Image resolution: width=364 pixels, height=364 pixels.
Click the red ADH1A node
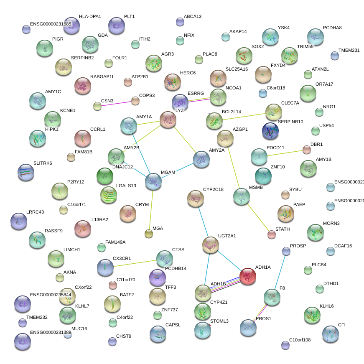point(248,276)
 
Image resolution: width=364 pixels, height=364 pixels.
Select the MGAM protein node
point(153,181)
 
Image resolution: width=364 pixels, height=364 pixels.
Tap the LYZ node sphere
point(168,120)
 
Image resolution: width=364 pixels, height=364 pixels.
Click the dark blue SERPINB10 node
point(270,131)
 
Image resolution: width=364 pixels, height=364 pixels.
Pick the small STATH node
point(272,234)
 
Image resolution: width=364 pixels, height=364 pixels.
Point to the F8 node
point(272,297)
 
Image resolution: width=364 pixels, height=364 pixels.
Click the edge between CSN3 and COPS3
point(116,103)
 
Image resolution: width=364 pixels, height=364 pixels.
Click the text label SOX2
point(257,46)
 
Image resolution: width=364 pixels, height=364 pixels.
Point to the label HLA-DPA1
point(90,17)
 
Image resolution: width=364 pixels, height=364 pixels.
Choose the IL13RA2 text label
point(99,219)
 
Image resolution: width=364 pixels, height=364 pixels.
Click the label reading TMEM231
point(349,50)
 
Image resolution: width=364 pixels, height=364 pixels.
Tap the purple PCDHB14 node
point(158,277)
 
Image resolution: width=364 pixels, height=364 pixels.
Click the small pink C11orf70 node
point(112,285)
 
